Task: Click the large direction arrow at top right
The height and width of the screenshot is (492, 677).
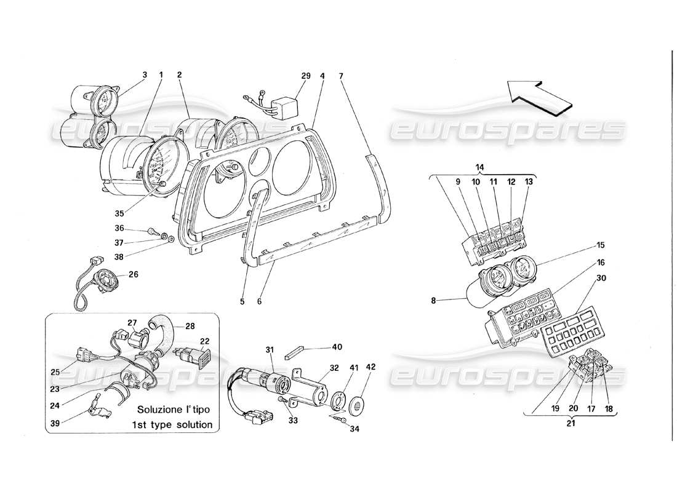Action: pyautogui.click(x=539, y=96)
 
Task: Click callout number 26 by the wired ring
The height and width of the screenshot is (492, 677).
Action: pyautogui.click(x=133, y=274)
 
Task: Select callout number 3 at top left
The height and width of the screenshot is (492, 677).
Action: pyautogui.click(x=145, y=75)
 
